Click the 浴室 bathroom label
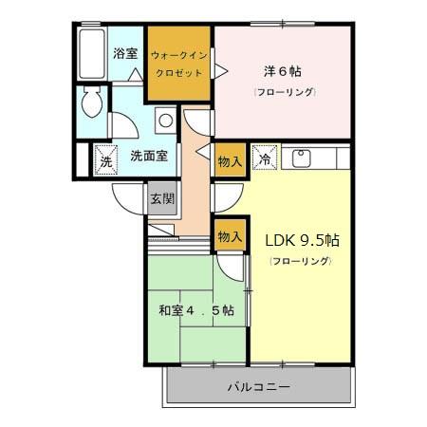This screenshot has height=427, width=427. coord(125,54)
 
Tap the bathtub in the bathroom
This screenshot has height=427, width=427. coord(92,57)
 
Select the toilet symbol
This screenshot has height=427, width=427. coord(93,101)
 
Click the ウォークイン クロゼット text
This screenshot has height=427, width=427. coord(177,63)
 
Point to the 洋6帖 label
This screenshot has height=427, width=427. coord(282,71)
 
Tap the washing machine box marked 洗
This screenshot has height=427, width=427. coord(104,158)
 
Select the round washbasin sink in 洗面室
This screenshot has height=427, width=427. coord(165,121)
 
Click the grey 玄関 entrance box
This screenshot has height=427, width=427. coord(161,198)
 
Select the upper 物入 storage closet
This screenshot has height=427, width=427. coord(229,160)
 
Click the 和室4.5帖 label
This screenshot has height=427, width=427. coord(195,310)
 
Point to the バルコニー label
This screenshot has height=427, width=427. coord(258,387)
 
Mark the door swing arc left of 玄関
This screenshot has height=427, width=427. coord(126,195)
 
